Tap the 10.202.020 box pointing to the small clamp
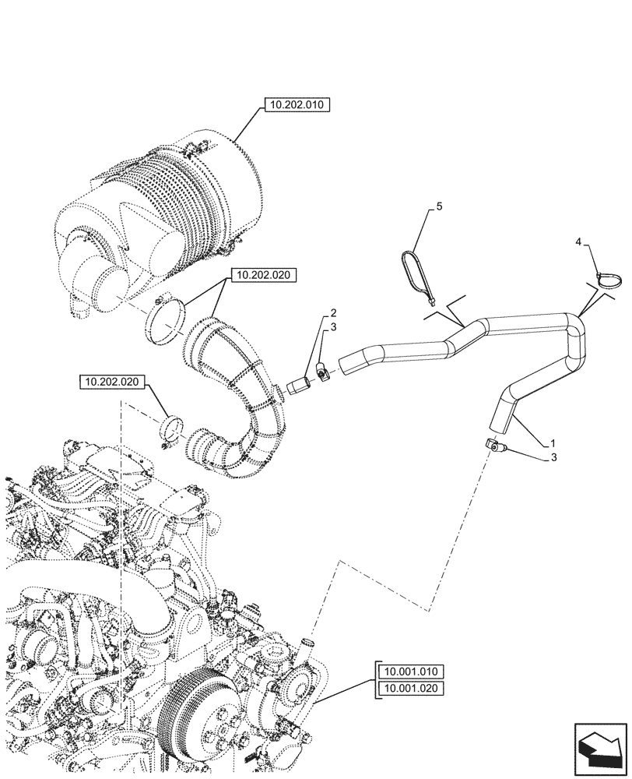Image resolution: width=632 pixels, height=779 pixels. tap(112, 382)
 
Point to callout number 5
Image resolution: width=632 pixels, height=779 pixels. tap(438, 206)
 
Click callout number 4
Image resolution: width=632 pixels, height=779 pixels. tap(578, 243)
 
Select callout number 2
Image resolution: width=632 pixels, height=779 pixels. tap(333, 312)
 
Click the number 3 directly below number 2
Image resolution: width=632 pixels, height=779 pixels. tap(333, 327)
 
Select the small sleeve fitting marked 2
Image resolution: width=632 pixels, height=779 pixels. tap(300, 386)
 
